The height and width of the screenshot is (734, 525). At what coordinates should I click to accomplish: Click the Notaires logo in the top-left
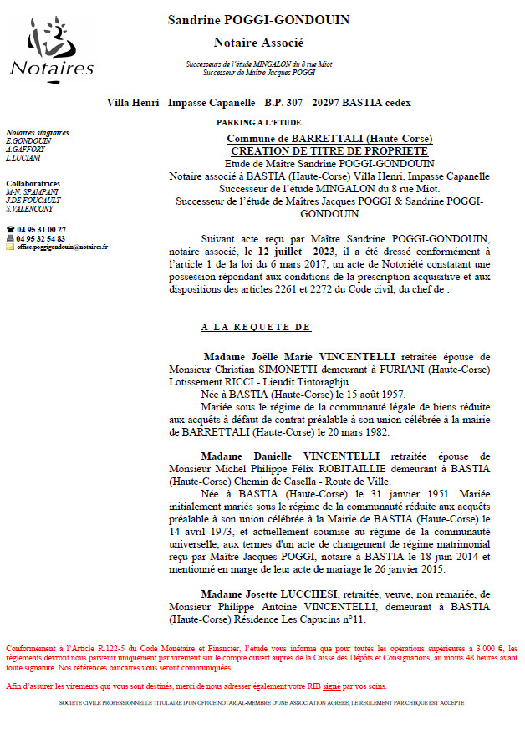pyautogui.click(x=51, y=49)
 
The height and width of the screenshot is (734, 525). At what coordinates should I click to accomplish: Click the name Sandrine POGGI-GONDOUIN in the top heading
pyautogui.click(x=258, y=19)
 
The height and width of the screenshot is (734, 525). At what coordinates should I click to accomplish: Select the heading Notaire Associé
pyautogui.click(x=258, y=43)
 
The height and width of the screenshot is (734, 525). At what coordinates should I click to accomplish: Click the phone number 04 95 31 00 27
pyautogui.click(x=41, y=229)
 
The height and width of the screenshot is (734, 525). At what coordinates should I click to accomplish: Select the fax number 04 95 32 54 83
pyautogui.click(x=41, y=238)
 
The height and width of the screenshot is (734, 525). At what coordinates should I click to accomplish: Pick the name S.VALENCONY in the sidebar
pyautogui.click(x=31, y=208)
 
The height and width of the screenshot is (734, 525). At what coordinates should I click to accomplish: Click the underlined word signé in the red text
pyautogui.click(x=334, y=686)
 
